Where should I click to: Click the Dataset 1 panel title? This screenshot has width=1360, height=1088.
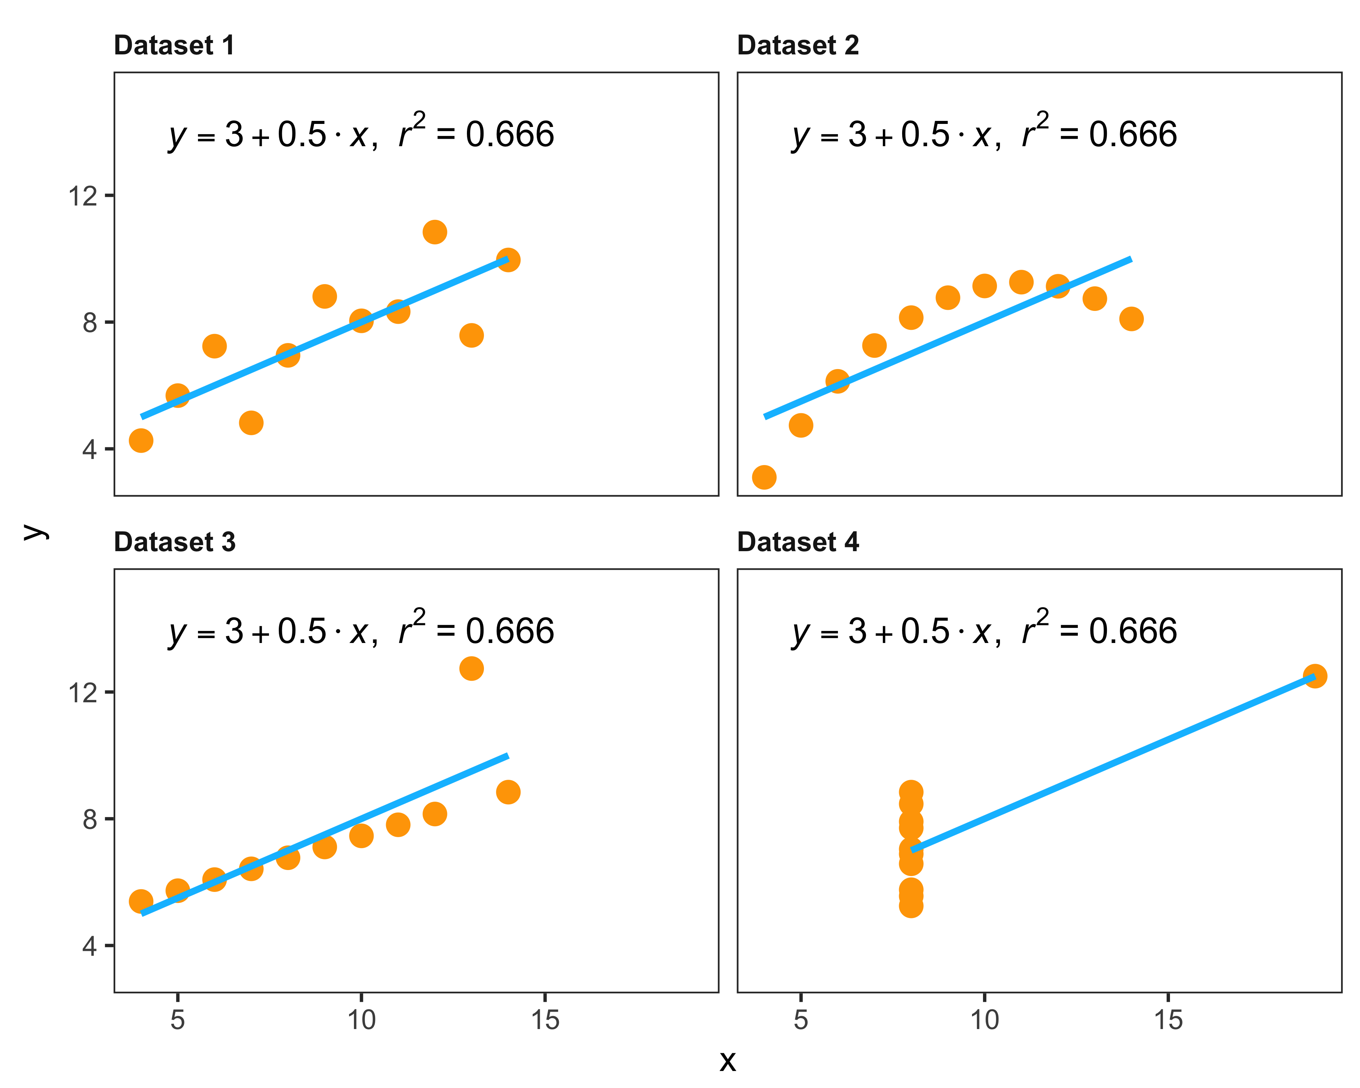(x=174, y=45)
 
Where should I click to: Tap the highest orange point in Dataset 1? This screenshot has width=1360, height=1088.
(x=434, y=232)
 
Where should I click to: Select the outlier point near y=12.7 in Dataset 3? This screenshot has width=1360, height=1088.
(x=471, y=668)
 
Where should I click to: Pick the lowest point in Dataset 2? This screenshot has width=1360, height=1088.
(x=764, y=478)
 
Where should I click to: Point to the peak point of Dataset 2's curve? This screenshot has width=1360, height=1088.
(x=1021, y=282)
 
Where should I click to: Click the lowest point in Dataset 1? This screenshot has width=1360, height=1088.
(x=141, y=440)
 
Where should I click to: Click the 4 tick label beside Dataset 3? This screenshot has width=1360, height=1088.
(x=89, y=946)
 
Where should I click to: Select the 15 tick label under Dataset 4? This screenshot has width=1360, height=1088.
(x=1168, y=1020)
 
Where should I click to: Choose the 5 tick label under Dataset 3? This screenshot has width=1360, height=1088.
(x=178, y=1020)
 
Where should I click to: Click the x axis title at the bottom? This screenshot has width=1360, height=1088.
(x=727, y=1062)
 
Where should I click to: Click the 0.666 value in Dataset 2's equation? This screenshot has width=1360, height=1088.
(x=1133, y=134)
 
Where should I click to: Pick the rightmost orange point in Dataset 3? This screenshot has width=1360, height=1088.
(x=508, y=791)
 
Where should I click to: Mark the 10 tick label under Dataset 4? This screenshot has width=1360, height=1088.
(x=984, y=1020)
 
